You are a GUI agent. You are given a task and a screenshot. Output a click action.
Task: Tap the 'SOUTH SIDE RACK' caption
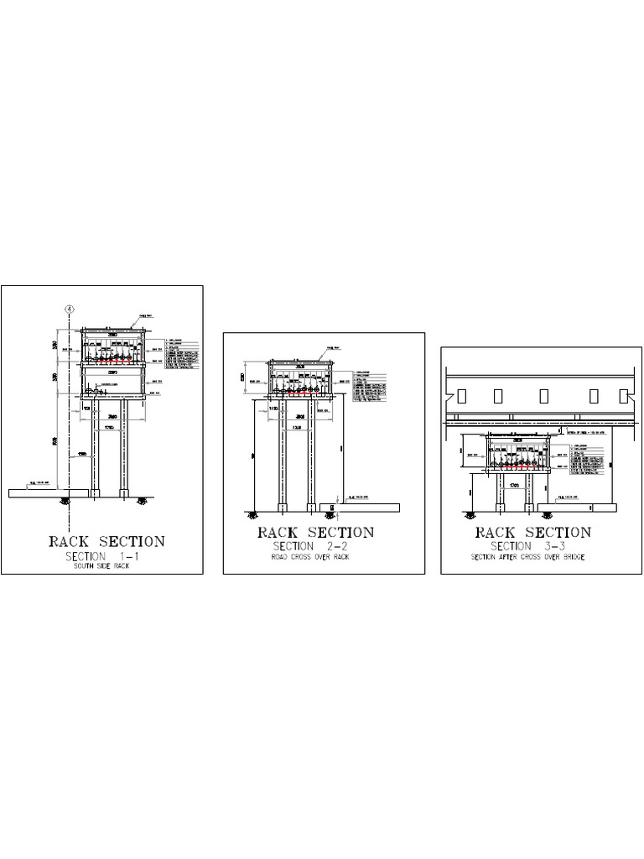101,568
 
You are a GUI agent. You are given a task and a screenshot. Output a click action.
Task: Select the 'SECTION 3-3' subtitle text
533,547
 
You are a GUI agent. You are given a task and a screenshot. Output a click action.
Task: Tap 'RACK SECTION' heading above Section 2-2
315,533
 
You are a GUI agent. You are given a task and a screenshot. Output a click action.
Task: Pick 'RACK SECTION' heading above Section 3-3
533,533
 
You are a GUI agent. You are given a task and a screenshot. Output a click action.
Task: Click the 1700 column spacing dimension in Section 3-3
515,486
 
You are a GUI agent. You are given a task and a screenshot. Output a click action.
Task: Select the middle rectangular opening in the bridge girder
544,394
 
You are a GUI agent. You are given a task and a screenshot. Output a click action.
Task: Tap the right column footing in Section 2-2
311,505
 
